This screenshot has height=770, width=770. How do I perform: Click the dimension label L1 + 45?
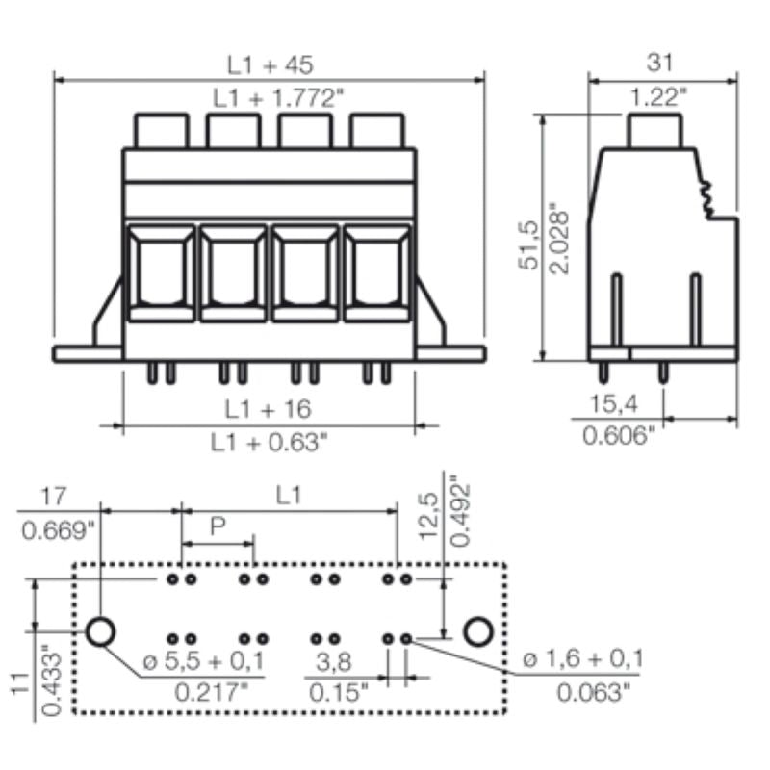(270, 64)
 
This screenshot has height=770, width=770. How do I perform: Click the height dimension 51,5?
(528, 246)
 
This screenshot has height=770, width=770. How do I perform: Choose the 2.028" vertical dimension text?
(561, 237)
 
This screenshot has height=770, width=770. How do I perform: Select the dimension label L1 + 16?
(269, 409)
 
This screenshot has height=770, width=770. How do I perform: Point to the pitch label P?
(218, 526)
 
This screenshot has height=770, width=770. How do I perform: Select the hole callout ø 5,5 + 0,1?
(203, 660)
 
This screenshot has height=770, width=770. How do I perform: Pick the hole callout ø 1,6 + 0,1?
(583, 660)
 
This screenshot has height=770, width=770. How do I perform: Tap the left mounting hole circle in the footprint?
(101, 631)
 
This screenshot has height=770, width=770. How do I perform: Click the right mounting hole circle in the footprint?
(477, 631)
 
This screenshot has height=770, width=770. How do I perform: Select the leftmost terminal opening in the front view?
(161, 271)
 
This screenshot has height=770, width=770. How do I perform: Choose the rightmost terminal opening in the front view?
(378, 271)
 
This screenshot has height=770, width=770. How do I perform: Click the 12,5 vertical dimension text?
(429, 512)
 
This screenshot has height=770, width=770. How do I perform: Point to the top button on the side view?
(655, 131)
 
